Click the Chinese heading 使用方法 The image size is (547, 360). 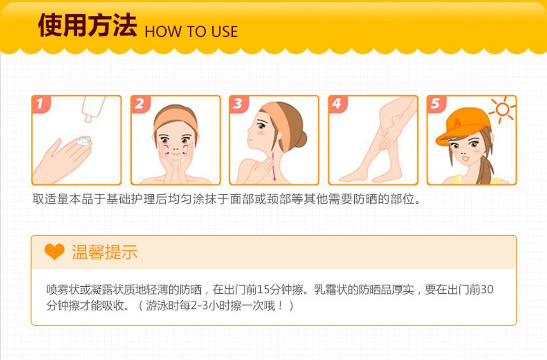point(87,25)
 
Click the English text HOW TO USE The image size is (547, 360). point(191,32)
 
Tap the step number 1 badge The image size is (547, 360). point(41,104)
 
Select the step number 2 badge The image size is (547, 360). point(140,104)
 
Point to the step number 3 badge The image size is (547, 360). point(238,104)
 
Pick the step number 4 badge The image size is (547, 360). point(338,104)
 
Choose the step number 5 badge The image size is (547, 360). point(436,104)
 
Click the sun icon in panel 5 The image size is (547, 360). point(502,109)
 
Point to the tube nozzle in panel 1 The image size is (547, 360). point(88,119)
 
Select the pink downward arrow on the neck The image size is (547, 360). point(274,167)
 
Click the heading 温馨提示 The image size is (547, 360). point(105,252)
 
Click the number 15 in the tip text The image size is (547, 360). point(264,289)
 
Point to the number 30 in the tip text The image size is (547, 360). point(487,289)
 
